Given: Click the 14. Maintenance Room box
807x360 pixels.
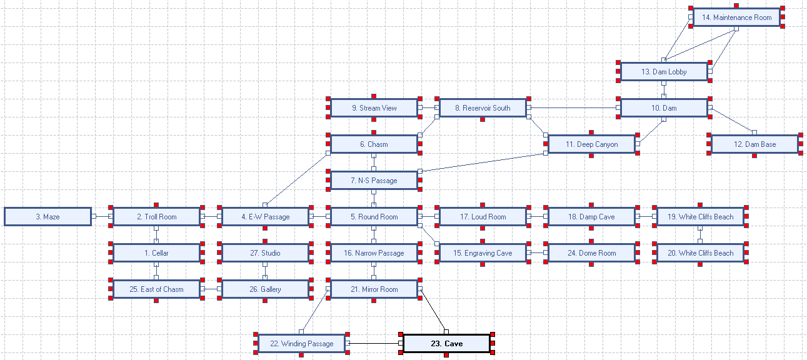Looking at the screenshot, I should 736,17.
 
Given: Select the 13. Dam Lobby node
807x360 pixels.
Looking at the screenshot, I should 664,72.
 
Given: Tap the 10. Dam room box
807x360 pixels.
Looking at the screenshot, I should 664,108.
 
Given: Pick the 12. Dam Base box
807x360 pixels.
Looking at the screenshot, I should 754,144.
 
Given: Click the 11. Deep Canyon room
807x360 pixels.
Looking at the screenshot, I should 591,144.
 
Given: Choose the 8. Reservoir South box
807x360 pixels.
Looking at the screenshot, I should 483,108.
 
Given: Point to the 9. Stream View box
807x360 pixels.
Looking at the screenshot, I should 374,108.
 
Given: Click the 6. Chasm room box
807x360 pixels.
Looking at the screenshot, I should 374,144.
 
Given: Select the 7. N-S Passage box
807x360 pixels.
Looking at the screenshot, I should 374,181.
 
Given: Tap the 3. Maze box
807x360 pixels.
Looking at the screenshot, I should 48,217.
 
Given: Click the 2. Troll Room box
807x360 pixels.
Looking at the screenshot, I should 156,217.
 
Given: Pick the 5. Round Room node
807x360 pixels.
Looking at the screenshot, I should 374,217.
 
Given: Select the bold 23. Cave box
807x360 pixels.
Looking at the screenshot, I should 446,344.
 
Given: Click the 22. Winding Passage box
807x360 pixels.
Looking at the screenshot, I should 301,344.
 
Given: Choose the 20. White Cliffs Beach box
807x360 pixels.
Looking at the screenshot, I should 700,253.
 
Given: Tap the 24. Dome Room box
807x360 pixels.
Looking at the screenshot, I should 591,253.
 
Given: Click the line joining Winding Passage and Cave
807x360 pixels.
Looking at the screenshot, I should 374,344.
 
